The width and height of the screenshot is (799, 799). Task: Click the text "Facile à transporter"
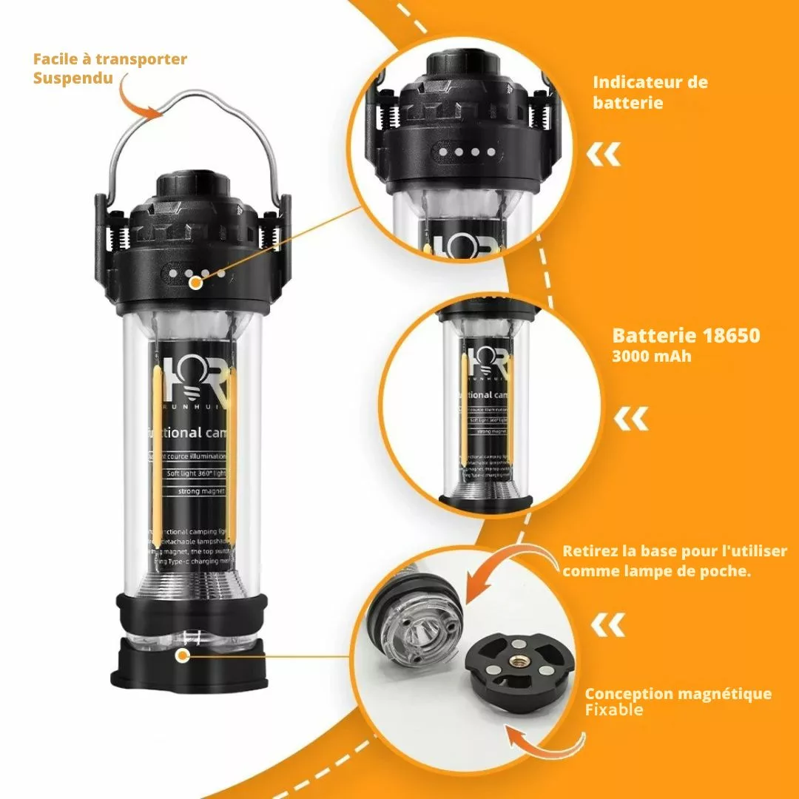click(110, 59)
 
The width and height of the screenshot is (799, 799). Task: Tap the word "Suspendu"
click(73, 77)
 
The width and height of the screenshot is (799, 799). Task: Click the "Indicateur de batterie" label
click(650, 92)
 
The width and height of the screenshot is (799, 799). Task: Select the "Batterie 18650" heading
click(686, 335)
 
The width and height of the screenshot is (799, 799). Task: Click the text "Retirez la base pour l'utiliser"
click(675, 551)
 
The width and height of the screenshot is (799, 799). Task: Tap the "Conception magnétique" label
click(678, 694)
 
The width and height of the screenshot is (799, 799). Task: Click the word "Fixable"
click(614, 710)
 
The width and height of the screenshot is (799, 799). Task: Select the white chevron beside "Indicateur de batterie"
click(604, 155)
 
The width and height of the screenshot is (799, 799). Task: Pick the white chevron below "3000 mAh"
click(630, 419)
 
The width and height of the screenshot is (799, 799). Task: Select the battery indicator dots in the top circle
click(466, 152)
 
